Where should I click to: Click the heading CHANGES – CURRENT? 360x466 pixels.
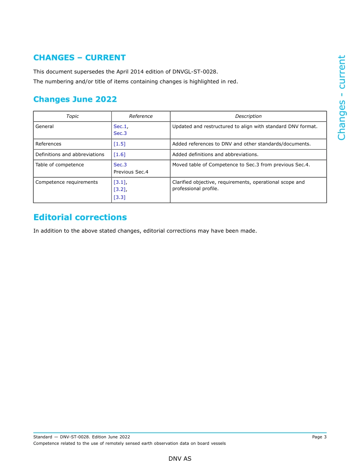[x=79, y=58]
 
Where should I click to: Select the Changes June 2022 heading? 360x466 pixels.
[x=75, y=99]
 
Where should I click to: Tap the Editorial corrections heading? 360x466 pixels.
[x=80, y=217]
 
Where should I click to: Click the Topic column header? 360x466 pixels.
[x=72, y=116]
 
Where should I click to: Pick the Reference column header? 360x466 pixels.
[x=141, y=116]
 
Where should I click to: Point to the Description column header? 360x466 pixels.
[x=248, y=116]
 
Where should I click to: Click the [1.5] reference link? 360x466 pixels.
[x=119, y=144]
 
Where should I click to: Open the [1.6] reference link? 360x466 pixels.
[x=119, y=155]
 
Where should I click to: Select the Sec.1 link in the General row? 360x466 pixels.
[x=120, y=127]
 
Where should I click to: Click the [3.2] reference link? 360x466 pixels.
[x=120, y=189]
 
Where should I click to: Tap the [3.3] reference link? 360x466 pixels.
[x=119, y=197]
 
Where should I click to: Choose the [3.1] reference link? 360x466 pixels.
[x=120, y=182]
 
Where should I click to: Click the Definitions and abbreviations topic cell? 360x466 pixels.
[x=70, y=155]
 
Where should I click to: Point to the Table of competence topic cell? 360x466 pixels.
[x=59, y=165]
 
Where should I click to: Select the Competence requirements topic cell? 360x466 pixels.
[x=66, y=182]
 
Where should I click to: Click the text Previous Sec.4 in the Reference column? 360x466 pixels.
[x=131, y=172]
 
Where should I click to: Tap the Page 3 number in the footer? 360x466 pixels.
[x=319, y=437]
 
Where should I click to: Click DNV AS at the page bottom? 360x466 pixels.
[x=180, y=459]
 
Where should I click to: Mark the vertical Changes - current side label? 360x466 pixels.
[x=341, y=97]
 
